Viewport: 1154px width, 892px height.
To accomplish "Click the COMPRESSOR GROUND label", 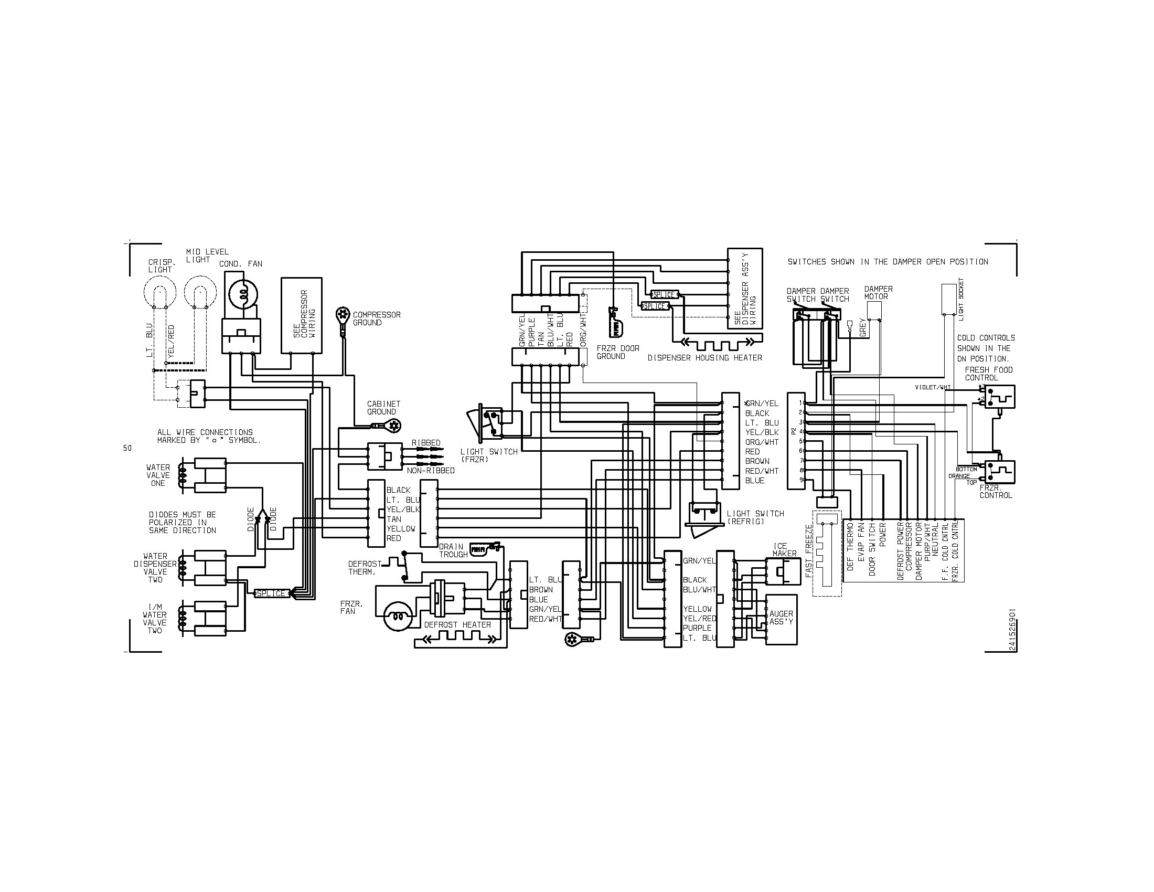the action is (x=376, y=318).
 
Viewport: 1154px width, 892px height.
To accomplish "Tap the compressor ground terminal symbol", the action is (x=343, y=316).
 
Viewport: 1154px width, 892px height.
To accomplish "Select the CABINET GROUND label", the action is (x=383, y=408).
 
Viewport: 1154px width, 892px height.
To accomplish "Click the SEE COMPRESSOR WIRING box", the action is (x=301, y=315).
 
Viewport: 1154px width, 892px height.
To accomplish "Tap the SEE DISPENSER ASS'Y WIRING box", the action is (x=744, y=289).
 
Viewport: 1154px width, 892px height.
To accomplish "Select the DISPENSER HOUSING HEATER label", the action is (x=705, y=358).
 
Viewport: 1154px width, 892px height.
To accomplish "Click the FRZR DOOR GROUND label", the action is (x=618, y=353).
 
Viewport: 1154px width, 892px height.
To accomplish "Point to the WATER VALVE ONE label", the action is (x=158, y=475).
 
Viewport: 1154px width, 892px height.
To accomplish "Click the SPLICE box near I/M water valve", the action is (x=271, y=593).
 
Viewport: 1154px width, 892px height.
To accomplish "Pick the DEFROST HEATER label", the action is (x=457, y=624).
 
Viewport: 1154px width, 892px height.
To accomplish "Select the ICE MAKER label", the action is (x=784, y=550).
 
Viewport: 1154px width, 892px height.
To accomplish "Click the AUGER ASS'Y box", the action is (x=781, y=619).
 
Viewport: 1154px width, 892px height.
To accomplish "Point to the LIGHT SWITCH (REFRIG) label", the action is (x=755, y=517).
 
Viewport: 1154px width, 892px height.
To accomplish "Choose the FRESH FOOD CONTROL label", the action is (x=989, y=374).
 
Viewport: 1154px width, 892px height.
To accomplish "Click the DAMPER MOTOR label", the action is (x=878, y=293).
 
